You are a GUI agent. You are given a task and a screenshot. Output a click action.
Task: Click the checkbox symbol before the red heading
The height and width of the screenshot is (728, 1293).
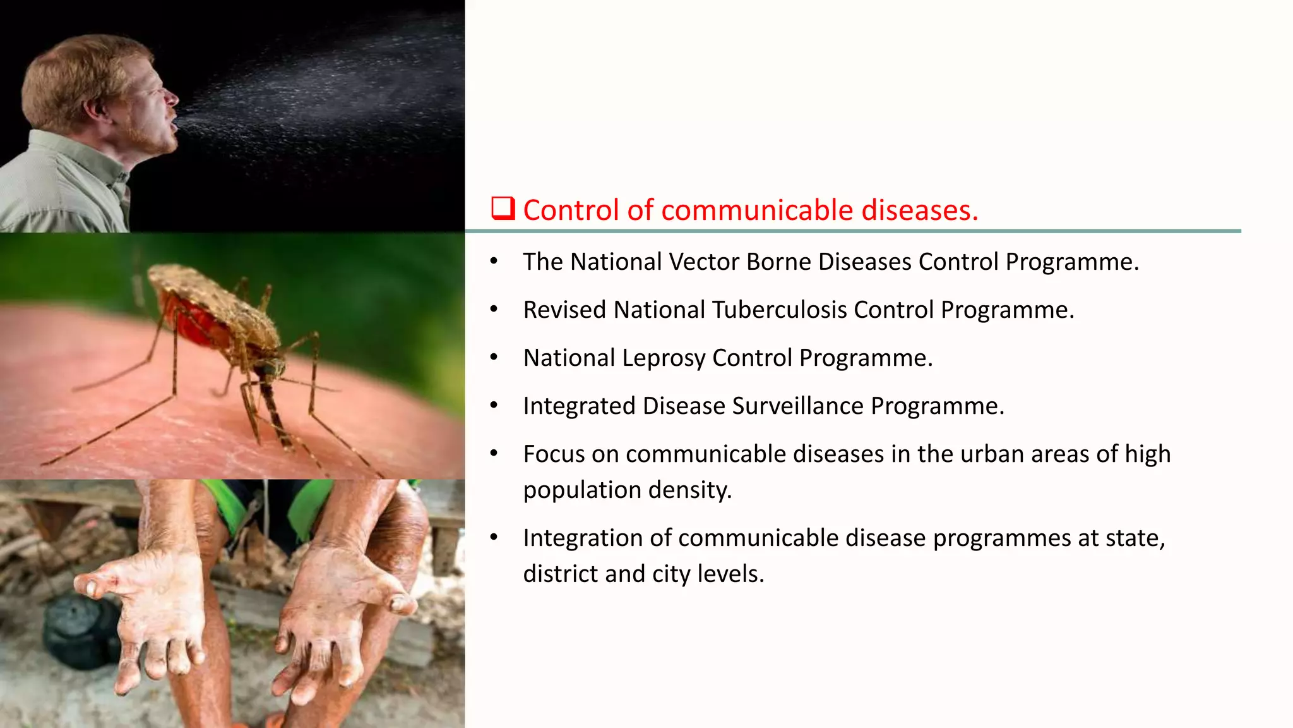tap(503, 208)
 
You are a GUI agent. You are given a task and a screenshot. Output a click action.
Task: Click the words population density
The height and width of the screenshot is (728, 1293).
tap(627, 490)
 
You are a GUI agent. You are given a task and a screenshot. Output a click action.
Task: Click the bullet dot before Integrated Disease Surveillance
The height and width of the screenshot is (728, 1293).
tap(494, 405)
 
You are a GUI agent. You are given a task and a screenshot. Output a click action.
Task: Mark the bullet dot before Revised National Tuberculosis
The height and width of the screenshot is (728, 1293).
tap(494, 309)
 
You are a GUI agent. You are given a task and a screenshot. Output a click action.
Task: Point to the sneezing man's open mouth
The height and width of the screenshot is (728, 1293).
tap(174, 120)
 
